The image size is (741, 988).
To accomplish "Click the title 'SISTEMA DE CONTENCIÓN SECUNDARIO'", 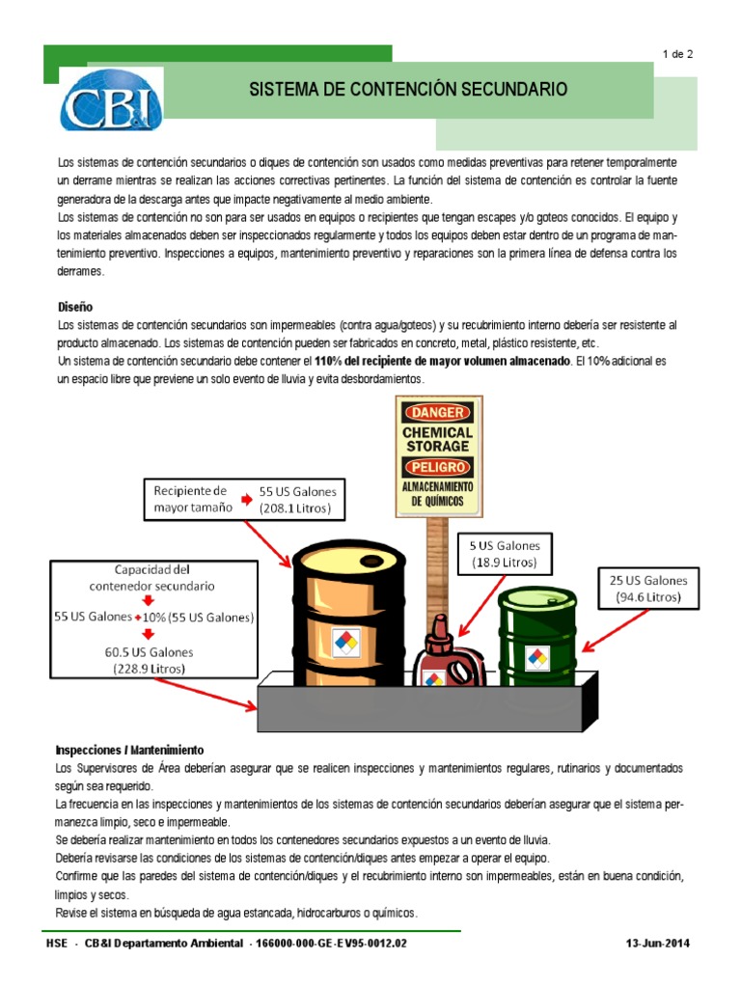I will coord(409,90).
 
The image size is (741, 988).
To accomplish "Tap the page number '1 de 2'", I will coord(678,54).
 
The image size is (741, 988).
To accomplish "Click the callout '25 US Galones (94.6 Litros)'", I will coord(648,589).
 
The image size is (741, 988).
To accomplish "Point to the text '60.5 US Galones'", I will coord(149,651).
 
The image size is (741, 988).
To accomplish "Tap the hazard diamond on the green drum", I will coord(536,658).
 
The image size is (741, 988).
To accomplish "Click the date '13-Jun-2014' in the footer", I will coord(659,943).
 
